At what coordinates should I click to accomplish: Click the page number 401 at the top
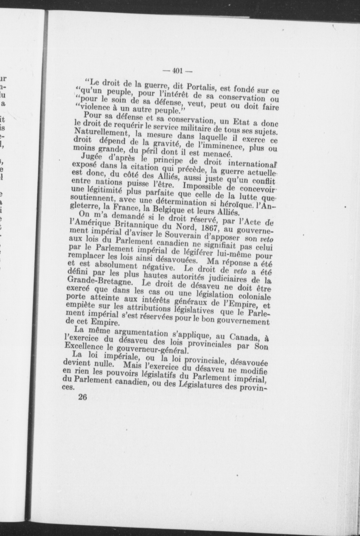pyautogui.click(x=177, y=71)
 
